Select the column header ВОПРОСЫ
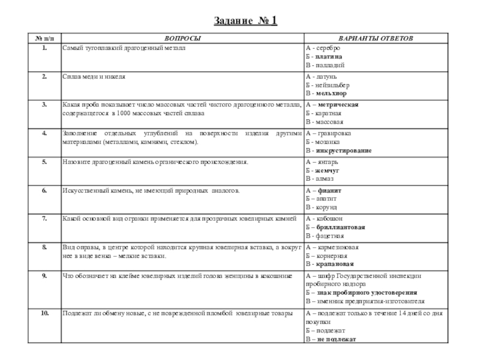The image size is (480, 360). [183, 38]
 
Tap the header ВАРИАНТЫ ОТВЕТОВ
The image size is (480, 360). [376, 38]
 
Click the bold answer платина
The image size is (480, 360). [329, 56]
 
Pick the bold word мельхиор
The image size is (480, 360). [331, 94]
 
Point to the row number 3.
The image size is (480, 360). [44, 104]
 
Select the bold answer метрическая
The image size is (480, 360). [338, 104]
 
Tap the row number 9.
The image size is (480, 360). [44, 275]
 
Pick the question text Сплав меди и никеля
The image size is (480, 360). [94, 77]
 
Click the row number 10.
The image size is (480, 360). [44, 313]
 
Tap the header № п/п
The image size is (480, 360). [44, 38]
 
